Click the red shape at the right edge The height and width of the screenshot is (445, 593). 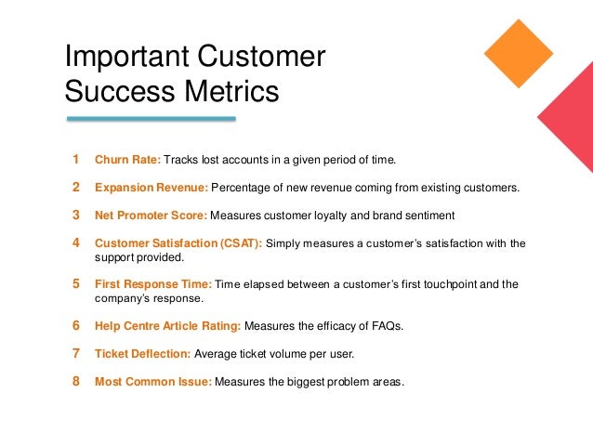[569, 124]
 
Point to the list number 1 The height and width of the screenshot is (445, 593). [76, 159]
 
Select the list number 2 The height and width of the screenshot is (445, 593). [76, 187]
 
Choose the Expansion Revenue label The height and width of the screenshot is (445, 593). [152, 188]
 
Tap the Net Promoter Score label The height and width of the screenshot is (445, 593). [152, 216]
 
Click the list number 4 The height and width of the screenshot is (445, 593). [76, 243]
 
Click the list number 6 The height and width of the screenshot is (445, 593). [76, 325]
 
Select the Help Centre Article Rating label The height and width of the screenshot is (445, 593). [168, 326]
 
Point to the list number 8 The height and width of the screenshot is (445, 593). [76, 381]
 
